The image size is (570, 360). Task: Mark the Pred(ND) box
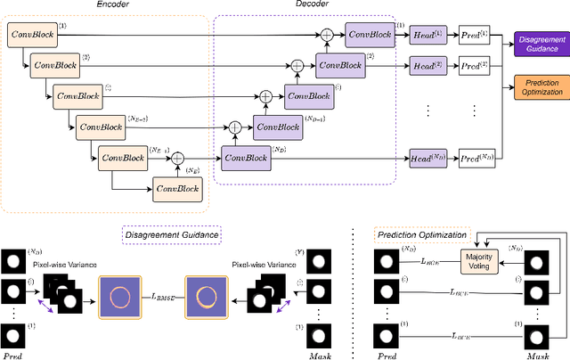point(476,157)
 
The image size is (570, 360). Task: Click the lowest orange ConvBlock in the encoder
point(178,188)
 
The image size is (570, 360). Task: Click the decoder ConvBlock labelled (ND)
point(246,157)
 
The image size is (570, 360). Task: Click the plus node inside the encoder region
point(177,157)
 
